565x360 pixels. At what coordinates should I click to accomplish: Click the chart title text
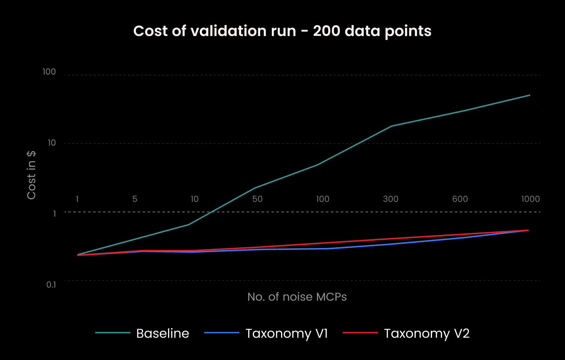point(282,31)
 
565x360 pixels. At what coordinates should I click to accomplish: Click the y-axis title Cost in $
point(31,175)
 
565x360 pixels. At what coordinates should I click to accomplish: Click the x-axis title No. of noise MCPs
point(297,297)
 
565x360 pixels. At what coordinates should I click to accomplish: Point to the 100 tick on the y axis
point(49,72)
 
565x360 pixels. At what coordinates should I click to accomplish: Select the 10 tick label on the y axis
point(52,143)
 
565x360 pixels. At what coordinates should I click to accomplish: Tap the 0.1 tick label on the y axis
point(51,284)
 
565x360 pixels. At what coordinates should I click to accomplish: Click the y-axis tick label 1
point(55,213)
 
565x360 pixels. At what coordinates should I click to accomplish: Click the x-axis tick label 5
point(135,199)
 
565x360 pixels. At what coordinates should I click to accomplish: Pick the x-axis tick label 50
point(257,199)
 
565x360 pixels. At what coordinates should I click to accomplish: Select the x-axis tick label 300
point(391,199)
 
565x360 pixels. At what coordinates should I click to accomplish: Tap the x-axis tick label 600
point(460,199)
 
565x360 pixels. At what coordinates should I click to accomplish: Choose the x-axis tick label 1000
point(530,199)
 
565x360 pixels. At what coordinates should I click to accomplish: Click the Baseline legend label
point(163,334)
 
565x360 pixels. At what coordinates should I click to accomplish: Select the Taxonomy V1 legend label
point(287,334)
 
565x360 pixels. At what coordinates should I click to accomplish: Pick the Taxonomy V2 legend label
point(427,334)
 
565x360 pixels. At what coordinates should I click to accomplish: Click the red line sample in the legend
point(360,333)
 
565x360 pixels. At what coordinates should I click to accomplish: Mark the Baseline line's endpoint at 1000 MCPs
point(529,95)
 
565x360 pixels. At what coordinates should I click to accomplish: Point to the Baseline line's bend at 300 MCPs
point(391,126)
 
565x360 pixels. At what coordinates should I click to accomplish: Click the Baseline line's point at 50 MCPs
point(254,188)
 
